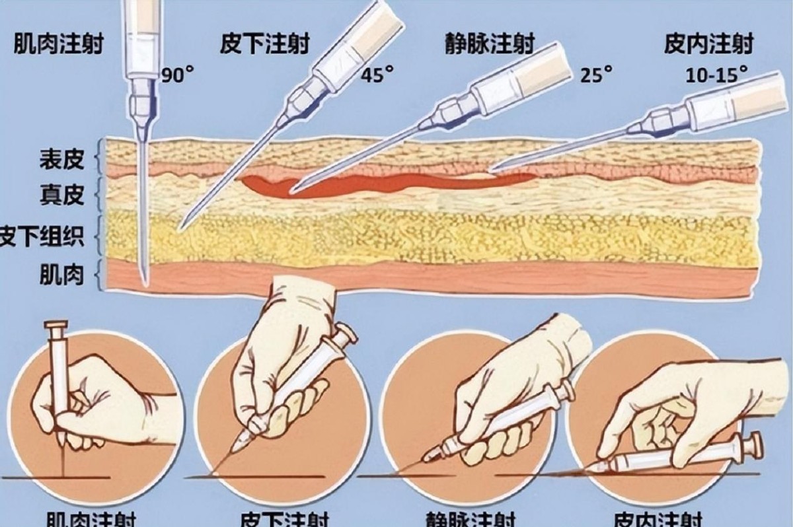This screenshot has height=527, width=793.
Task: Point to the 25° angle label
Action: click(593, 74)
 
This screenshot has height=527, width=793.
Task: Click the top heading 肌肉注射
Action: click(58, 45)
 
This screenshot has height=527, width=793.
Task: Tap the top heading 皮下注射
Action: click(264, 45)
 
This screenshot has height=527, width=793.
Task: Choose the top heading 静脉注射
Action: click(489, 45)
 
